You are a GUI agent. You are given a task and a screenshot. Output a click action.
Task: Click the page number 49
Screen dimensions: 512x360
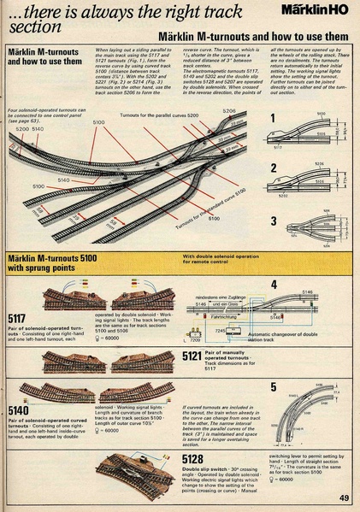pyautogui.click(x=342, y=498)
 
